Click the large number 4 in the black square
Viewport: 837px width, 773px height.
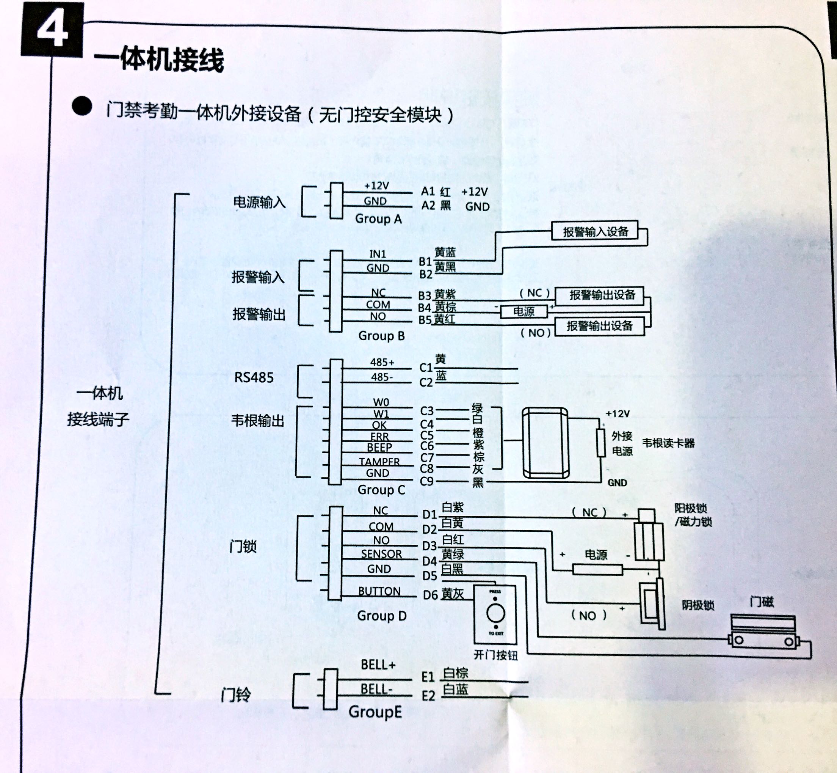point(52,29)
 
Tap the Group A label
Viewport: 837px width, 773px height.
point(378,219)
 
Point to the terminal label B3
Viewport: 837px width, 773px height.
point(425,295)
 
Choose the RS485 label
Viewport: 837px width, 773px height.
point(253,377)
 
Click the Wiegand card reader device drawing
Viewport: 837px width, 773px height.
point(545,443)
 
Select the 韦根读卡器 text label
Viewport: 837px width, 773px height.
point(668,443)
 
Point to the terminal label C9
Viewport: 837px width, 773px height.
point(426,481)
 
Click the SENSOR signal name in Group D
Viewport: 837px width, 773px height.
point(381,554)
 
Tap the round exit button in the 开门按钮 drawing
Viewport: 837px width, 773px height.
point(495,614)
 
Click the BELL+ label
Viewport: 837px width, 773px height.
point(378,665)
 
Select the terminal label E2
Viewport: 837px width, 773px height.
point(428,696)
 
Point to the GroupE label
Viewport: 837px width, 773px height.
point(375,712)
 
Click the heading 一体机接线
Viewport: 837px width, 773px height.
point(159,60)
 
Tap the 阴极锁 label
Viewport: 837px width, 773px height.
point(698,605)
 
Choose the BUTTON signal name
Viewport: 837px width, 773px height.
point(379,591)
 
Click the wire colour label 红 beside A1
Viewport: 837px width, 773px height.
point(445,192)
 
